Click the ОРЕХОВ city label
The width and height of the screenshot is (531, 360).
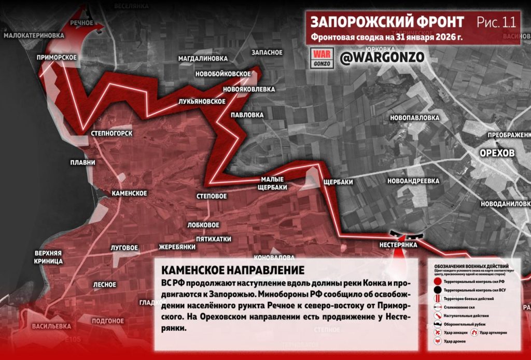[497, 154]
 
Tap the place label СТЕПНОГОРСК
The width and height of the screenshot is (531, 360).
[111, 133]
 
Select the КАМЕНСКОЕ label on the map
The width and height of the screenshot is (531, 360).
[129, 193]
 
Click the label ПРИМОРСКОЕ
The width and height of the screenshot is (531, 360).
[57, 57]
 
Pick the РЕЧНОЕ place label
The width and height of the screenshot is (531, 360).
[82, 23]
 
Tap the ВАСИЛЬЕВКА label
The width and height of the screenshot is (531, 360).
[51, 326]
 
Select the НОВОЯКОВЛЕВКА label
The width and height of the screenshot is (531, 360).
[248, 89]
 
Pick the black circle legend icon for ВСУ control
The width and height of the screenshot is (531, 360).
[438, 289]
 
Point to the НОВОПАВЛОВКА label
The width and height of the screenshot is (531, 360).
[414, 117]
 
